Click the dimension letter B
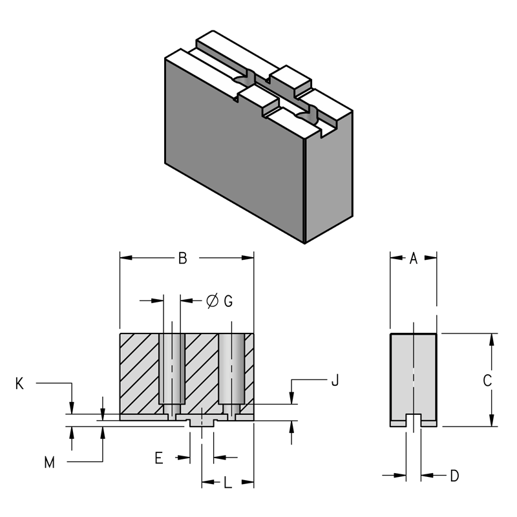point(182,258)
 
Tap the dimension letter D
point(454,476)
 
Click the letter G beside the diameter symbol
point(227,301)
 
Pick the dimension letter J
point(335,381)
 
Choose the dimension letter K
point(19,384)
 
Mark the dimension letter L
point(227,482)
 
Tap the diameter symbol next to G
point(212,301)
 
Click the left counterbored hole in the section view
point(172,372)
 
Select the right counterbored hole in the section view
point(231,372)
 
